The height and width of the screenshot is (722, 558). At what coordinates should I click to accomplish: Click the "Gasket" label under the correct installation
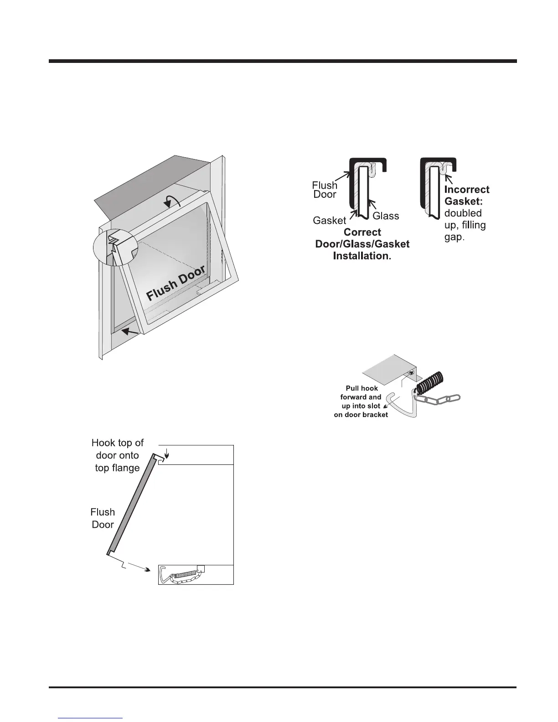tap(329, 221)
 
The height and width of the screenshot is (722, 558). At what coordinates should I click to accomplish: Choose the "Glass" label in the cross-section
tap(386, 216)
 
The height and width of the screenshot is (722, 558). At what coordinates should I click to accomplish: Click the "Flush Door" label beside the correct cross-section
tap(325, 190)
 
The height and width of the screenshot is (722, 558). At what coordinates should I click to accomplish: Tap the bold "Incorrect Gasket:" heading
tap(466, 195)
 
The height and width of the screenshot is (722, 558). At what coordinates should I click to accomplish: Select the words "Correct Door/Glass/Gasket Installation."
tap(362, 244)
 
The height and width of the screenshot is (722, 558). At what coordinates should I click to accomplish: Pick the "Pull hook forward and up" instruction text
tap(361, 402)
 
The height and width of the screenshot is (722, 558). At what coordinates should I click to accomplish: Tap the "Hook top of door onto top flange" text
tap(118, 455)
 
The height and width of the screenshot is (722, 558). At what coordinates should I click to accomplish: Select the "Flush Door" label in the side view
tap(103, 518)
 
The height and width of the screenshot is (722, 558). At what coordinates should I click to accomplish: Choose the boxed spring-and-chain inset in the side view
tap(196, 574)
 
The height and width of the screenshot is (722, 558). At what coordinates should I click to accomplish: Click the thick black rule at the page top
tap(283, 61)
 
